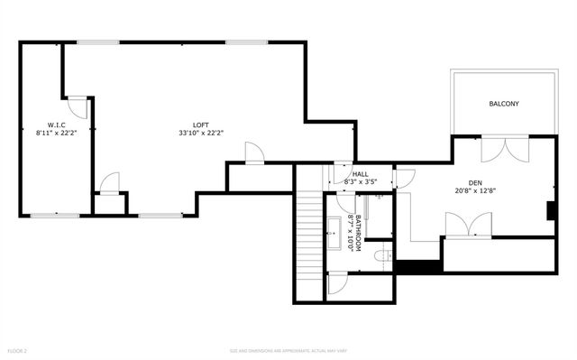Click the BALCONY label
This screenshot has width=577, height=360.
tap(504, 104)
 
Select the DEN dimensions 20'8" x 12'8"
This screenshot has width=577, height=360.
tap(477, 190)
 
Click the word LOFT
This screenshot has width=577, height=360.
tap(200, 125)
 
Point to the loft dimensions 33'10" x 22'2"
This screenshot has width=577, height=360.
tap(200, 134)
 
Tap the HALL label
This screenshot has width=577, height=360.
tap(360, 174)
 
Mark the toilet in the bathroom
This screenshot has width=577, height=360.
tap(382, 256)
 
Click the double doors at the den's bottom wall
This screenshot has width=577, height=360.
tap(468, 222)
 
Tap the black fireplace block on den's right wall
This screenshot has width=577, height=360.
tap(550, 210)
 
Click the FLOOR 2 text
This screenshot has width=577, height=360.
tap(18, 350)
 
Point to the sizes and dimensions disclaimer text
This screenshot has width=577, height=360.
tap(288, 350)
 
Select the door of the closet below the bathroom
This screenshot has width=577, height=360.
tap(337, 282)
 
